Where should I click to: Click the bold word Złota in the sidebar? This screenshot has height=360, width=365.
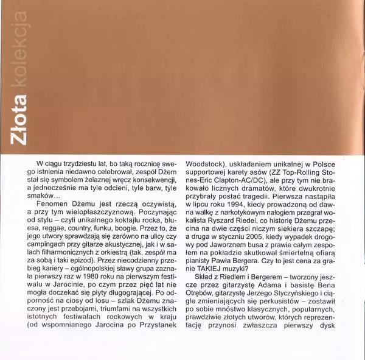coord(15,124)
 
